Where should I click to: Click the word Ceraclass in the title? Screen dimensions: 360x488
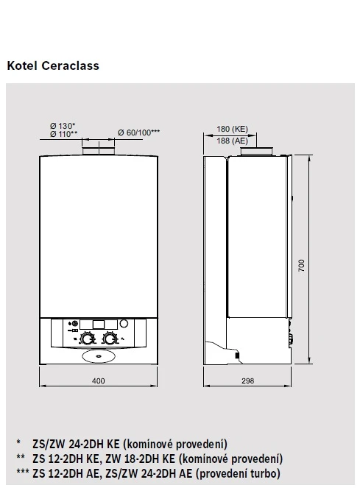coord(70,66)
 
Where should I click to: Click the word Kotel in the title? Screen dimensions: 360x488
coord(22,66)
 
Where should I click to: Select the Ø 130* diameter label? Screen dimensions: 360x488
coord(63,126)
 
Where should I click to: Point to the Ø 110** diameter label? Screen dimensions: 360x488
coord(63,134)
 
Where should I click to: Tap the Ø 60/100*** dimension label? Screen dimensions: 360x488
coord(138,132)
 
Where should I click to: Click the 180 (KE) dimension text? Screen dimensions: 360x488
coord(232,129)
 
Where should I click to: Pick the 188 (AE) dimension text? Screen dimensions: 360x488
coord(232,141)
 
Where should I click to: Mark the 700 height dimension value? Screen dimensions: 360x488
coord(301,266)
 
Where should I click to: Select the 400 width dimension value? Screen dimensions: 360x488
coord(99,381)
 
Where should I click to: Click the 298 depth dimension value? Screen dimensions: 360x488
coord(247,381)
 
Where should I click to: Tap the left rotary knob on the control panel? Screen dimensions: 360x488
coord(87,339)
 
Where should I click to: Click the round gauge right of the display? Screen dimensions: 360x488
coord(124,324)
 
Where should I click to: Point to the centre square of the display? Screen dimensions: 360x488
coord(99,325)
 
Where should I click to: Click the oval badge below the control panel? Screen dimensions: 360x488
coord(99,357)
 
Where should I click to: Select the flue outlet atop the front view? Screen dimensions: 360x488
coord(99,151)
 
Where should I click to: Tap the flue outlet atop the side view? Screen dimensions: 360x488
coord(257,151)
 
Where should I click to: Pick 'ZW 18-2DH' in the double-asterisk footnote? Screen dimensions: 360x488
coord(133,459)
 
